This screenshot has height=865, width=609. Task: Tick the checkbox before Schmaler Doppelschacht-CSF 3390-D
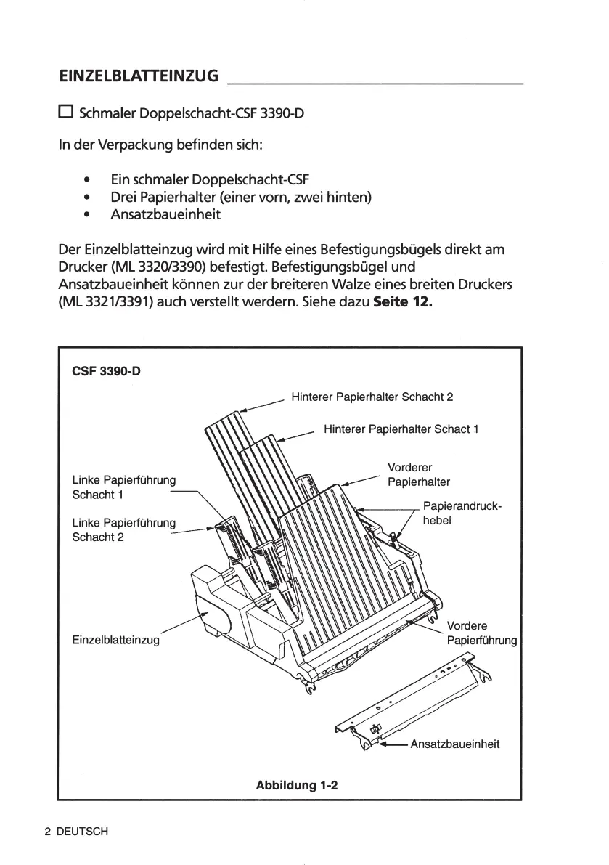(66, 112)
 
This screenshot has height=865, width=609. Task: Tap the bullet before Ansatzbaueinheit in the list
(87, 215)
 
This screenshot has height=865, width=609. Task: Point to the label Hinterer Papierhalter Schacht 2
(372, 397)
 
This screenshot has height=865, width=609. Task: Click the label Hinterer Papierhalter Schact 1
(401, 429)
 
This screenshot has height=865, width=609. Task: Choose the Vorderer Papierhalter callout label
(419, 474)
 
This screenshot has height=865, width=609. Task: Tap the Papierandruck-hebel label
(461, 513)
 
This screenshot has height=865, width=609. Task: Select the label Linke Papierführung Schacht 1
(124, 487)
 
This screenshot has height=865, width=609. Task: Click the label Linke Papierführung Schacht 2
(124, 529)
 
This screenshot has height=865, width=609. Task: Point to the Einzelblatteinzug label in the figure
(116, 640)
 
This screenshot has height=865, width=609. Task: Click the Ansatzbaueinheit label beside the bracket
(455, 744)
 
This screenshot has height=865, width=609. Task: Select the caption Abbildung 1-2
(297, 785)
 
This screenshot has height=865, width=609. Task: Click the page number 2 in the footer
(48, 832)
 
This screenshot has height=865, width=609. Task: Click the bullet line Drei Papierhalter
(241, 197)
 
